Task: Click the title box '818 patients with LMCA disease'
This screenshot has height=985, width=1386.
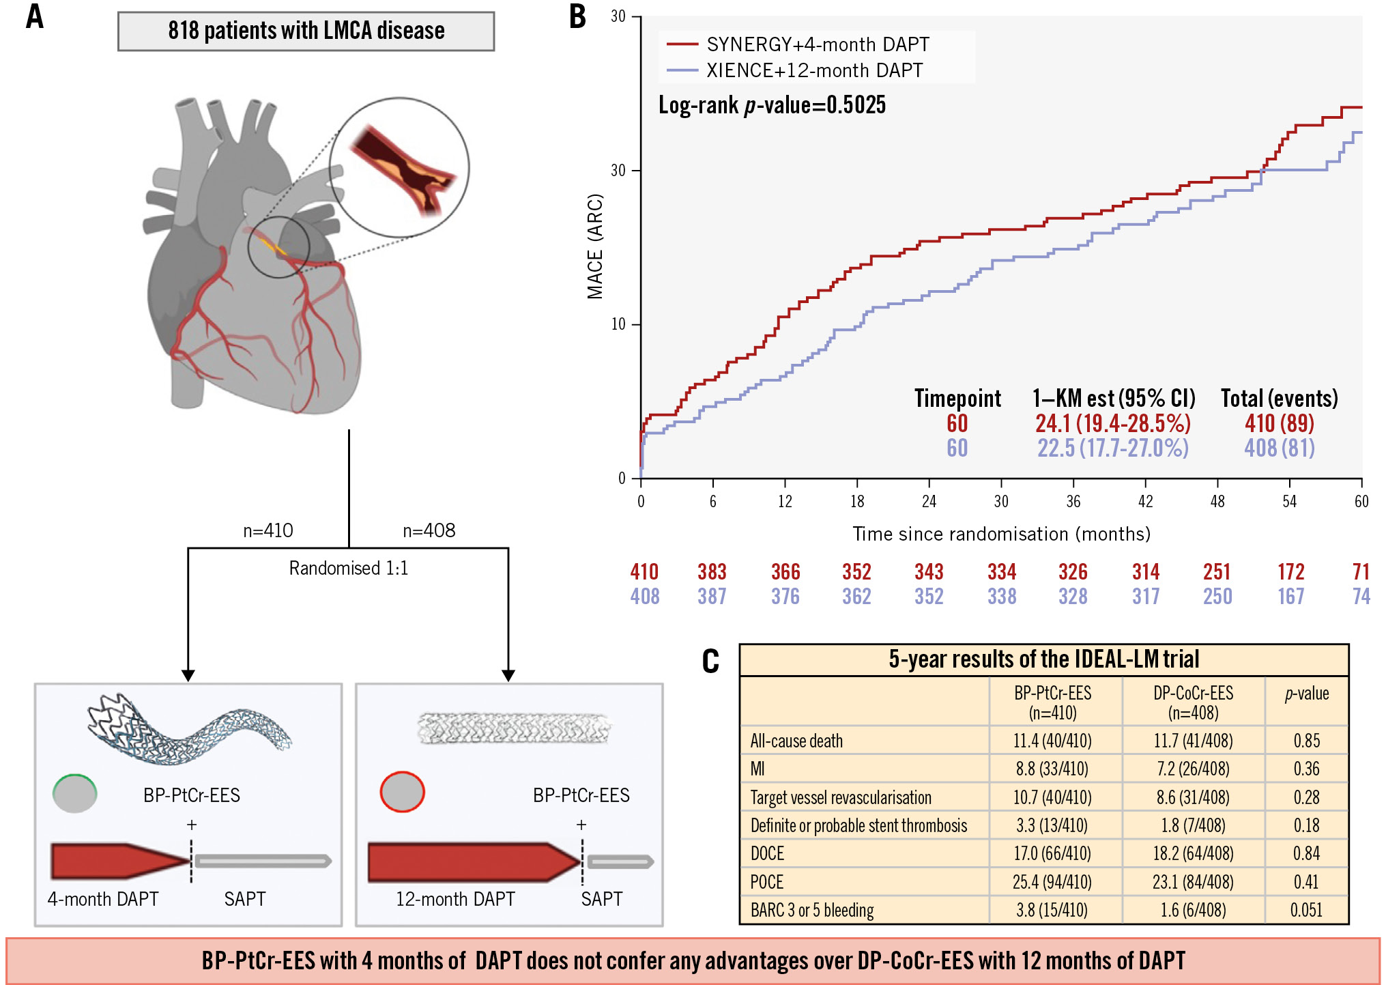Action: coord(306,31)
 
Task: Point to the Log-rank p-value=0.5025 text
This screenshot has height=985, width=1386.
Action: coord(772,105)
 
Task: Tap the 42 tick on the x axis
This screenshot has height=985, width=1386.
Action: coord(1145,502)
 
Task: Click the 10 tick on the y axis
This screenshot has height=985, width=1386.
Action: coord(618,324)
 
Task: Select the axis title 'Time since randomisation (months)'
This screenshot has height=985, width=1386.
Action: coord(1001,534)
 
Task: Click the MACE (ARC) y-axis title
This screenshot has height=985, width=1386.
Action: coord(595,246)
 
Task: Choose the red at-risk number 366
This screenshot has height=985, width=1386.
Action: coord(785,572)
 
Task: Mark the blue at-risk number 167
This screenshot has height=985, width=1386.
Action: coord(1290,597)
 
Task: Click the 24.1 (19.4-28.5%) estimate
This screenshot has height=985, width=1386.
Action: coord(1112,423)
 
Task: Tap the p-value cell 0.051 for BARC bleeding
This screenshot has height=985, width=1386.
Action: coord(1306,910)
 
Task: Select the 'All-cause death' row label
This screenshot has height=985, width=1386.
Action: coord(796,741)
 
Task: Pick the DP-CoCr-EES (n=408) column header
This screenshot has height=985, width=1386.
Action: coord(1193,702)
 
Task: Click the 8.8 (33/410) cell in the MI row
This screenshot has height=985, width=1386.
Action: coord(1052,769)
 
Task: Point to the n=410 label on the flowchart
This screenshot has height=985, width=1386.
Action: coord(268,530)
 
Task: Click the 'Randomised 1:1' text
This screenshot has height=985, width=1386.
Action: coord(349,568)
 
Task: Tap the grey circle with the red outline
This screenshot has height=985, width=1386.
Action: coord(403,792)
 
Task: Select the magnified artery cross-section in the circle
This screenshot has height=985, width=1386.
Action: coord(400,168)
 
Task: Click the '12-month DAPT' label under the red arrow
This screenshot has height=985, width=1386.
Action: coord(455,899)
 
